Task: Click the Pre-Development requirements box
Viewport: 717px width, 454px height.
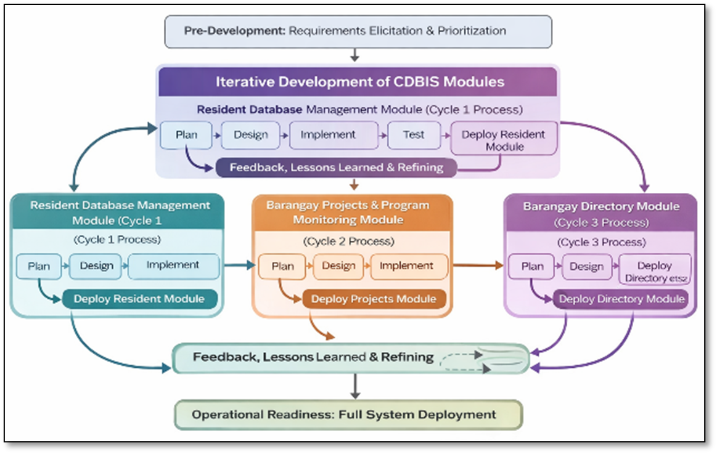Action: click(x=358, y=31)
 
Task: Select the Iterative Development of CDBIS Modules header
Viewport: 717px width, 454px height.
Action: click(x=358, y=82)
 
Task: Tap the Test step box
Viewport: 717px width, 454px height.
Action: click(x=414, y=135)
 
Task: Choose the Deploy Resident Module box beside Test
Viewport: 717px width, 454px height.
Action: click(x=504, y=139)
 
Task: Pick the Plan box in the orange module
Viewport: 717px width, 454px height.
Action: click(x=282, y=266)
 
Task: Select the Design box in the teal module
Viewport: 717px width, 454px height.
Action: click(x=96, y=266)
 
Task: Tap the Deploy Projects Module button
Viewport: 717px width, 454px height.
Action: click(x=374, y=299)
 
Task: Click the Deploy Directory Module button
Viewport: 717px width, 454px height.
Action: click(x=621, y=299)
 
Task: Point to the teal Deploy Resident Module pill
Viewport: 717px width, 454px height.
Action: click(x=139, y=299)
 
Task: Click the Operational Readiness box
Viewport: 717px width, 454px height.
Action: click(x=348, y=415)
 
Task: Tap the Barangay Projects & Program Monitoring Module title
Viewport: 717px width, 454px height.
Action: click(x=348, y=212)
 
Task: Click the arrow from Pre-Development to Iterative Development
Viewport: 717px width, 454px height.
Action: click(x=354, y=55)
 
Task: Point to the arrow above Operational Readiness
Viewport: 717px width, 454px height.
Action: click(x=354, y=387)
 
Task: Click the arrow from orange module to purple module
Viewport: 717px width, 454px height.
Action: click(x=478, y=266)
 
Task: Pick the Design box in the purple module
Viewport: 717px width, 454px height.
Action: click(x=586, y=267)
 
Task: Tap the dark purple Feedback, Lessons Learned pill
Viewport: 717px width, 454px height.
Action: click(x=336, y=167)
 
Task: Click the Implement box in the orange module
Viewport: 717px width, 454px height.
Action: click(x=406, y=266)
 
